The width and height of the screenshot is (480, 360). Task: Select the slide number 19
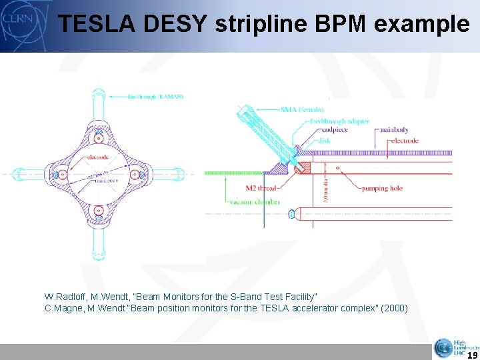point(471,355)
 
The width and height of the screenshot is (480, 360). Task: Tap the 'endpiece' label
point(325,131)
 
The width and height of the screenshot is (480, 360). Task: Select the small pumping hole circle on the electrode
point(337,167)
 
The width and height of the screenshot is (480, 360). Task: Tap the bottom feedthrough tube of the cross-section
point(98,241)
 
